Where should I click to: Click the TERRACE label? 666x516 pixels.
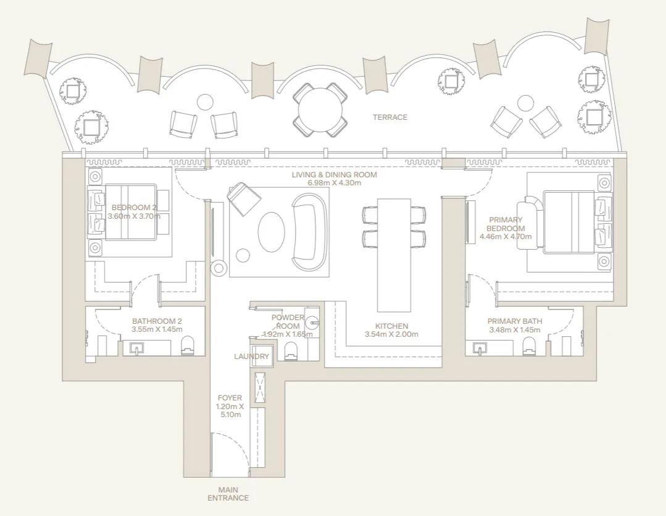click(x=390, y=117)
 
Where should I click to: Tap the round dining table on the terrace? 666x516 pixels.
click(x=320, y=109)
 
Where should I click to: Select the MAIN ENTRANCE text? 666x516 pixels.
click(x=228, y=494)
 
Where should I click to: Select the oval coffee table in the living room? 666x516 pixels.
click(x=271, y=232)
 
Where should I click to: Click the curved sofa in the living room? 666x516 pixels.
click(x=310, y=232)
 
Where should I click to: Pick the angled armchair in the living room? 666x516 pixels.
click(x=244, y=198)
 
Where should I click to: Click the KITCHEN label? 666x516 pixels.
click(x=391, y=326)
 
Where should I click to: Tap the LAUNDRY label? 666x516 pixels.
click(x=251, y=356)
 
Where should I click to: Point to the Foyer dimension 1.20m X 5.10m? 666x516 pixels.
click(x=230, y=410)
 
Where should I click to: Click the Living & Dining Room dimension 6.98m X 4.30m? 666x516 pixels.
click(x=335, y=183)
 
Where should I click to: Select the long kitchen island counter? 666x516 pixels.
click(x=394, y=255)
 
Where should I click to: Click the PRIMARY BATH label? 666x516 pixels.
click(x=515, y=321)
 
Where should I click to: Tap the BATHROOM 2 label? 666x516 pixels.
click(x=157, y=321)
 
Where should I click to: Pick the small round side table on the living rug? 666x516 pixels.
click(x=243, y=255)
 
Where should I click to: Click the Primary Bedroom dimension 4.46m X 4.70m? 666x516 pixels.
click(x=506, y=237)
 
